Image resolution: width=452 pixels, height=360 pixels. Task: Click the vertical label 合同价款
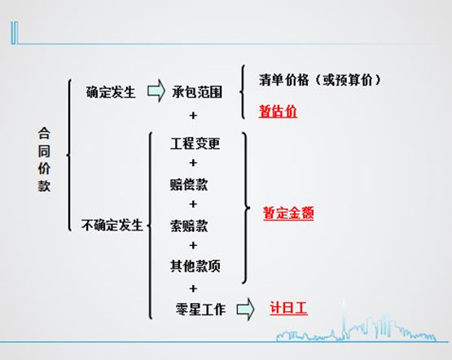[x=44, y=160]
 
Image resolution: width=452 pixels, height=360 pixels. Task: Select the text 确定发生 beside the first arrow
[x=111, y=92]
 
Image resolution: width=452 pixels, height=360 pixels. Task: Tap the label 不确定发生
[x=112, y=225]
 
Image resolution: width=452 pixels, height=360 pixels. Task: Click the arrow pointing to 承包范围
[x=156, y=91]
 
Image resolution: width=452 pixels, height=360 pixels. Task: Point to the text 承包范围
[x=197, y=92]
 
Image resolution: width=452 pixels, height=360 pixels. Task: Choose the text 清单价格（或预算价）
[x=320, y=80]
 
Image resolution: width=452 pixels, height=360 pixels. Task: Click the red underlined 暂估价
[x=278, y=112]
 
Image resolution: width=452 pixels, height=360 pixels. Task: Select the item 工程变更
[x=195, y=143]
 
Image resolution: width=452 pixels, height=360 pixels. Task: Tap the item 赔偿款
[x=189, y=184]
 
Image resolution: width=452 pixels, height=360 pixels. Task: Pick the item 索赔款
[x=189, y=226]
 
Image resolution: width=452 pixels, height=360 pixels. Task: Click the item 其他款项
[x=195, y=266]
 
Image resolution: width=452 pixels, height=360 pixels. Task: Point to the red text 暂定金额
[x=288, y=213]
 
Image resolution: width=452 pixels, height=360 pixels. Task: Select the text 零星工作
[x=200, y=310]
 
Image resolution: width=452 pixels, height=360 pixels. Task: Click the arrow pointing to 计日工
[x=246, y=309]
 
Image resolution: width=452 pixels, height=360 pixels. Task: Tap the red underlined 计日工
[x=288, y=309]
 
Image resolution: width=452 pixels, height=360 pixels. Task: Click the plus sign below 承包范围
[x=193, y=116]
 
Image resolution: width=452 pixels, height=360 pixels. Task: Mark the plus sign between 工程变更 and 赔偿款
[x=193, y=163]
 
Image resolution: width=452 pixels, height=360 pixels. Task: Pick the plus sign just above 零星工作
[x=193, y=288]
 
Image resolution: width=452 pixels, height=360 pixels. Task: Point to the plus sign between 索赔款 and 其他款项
[x=193, y=245]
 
